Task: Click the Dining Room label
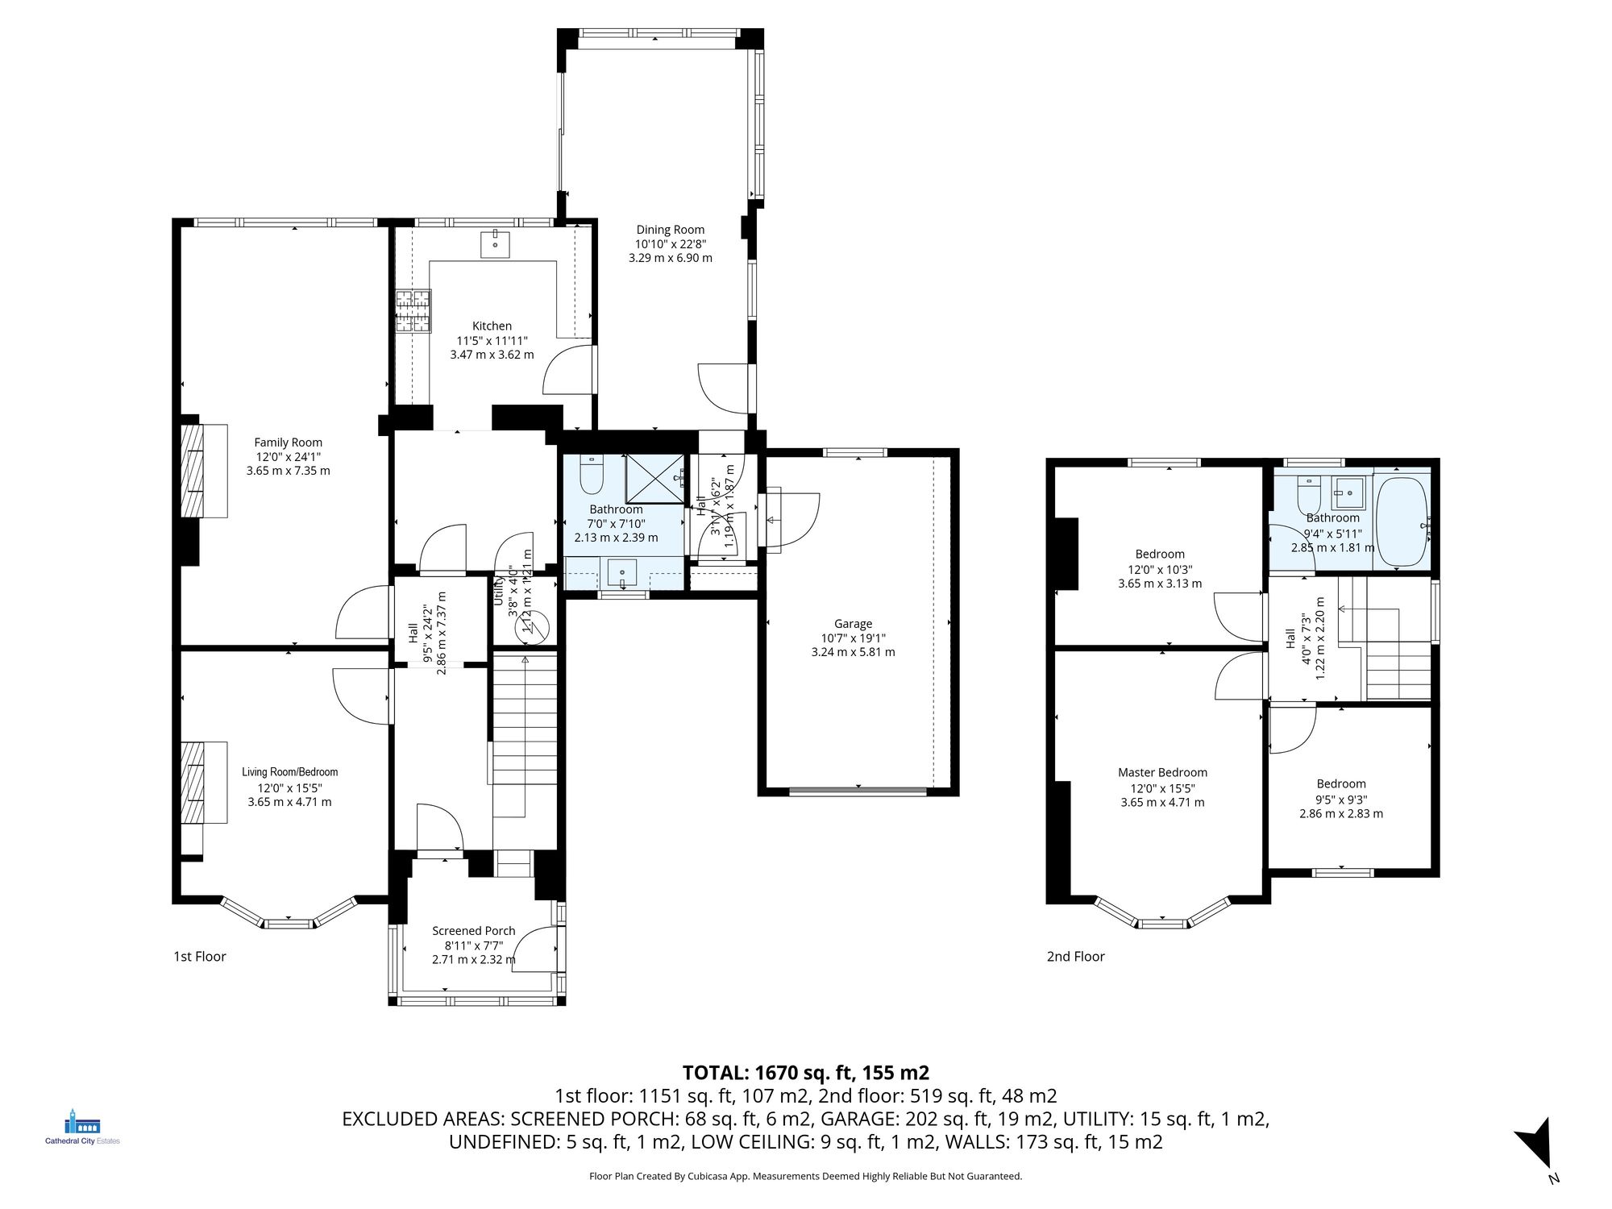[670, 230]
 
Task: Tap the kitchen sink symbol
[495, 243]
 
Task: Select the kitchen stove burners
[413, 311]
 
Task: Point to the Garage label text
[853, 624]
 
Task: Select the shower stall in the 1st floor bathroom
[654, 479]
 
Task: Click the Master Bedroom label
[1162, 772]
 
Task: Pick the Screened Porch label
[473, 931]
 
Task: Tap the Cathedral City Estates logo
[81, 1126]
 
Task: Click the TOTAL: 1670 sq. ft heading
[805, 1073]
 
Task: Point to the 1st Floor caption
[200, 957]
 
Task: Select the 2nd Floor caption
[1075, 957]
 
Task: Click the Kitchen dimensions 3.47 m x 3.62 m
[492, 355]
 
